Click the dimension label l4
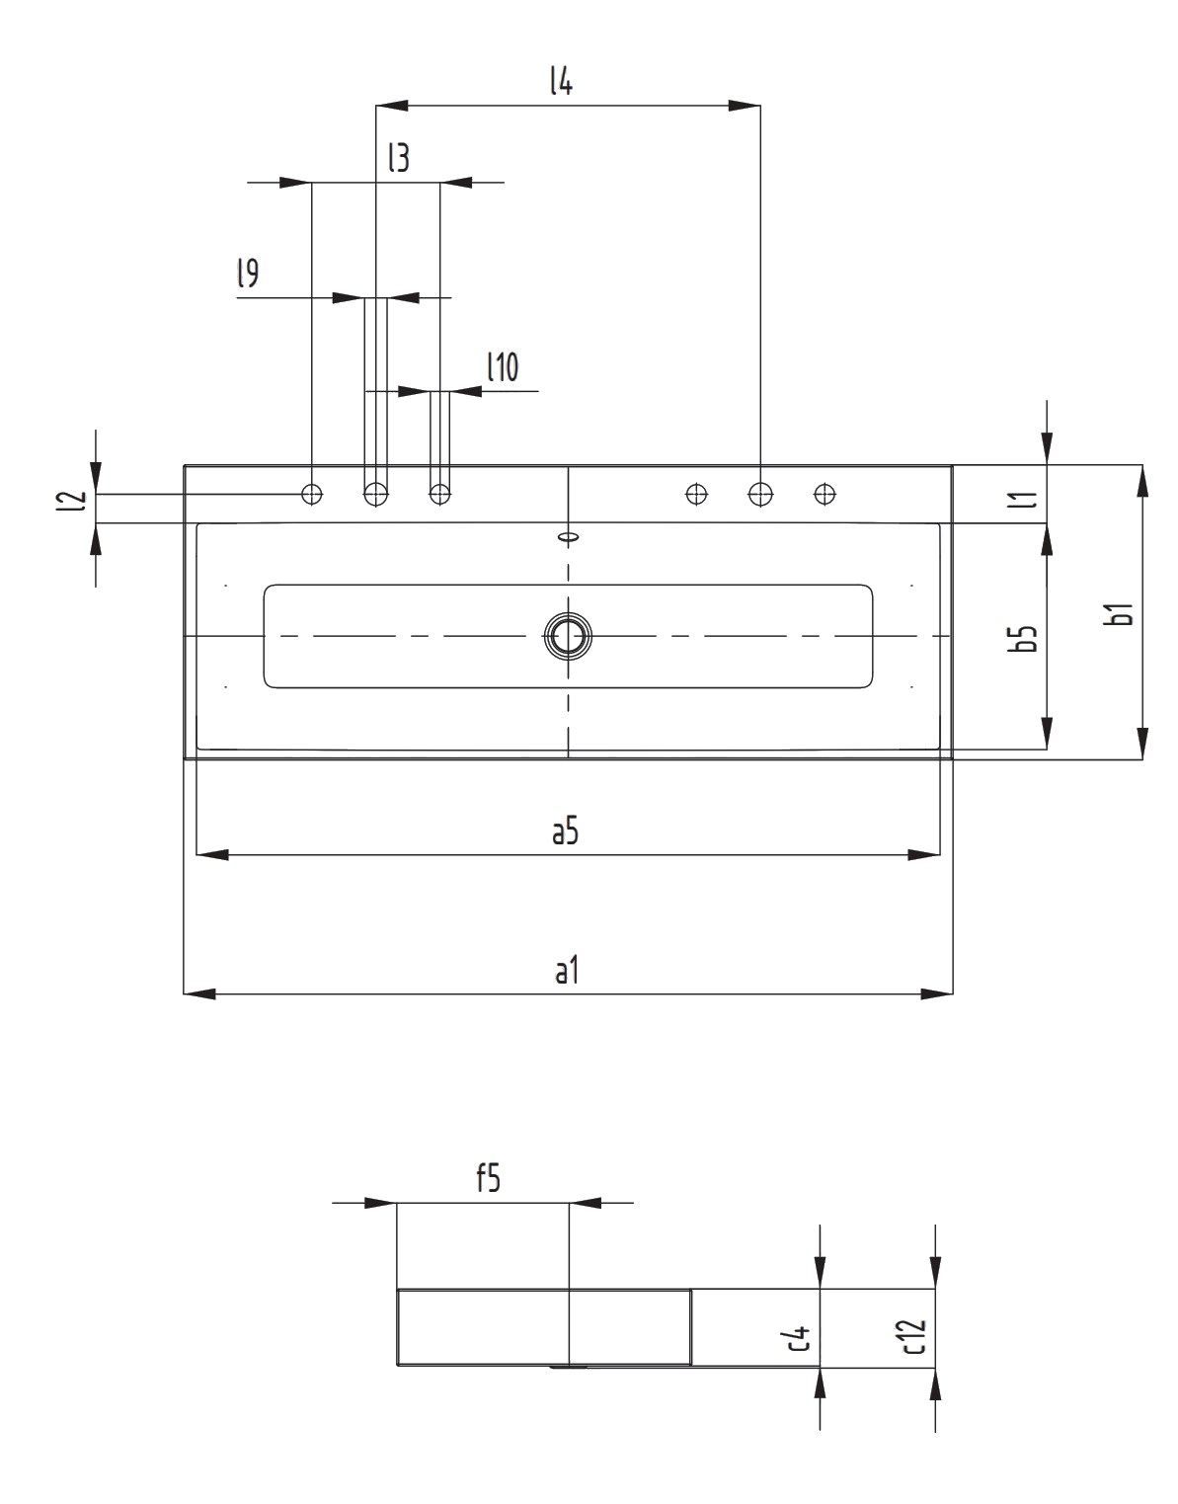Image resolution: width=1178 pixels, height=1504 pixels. coord(561,82)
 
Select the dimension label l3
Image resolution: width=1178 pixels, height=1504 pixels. coord(398,158)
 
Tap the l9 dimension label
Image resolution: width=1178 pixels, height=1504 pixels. coord(248,274)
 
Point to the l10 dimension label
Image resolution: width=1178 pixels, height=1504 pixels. coord(503,368)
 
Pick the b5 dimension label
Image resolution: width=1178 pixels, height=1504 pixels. coord(1027,638)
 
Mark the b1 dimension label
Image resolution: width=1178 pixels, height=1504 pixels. coord(1121,613)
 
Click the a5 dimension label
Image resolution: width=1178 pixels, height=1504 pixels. coord(565,832)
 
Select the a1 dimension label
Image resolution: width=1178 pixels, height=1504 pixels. coord(565,971)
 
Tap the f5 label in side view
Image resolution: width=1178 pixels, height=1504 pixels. coord(488,1179)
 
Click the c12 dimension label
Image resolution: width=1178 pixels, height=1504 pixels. coord(914,1336)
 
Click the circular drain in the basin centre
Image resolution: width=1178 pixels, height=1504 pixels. coord(569,636)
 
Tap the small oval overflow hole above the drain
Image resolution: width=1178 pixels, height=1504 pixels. coord(569,537)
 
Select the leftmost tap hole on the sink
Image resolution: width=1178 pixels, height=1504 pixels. coord(312,493)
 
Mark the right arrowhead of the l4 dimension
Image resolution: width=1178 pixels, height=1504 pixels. coord(745,105)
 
